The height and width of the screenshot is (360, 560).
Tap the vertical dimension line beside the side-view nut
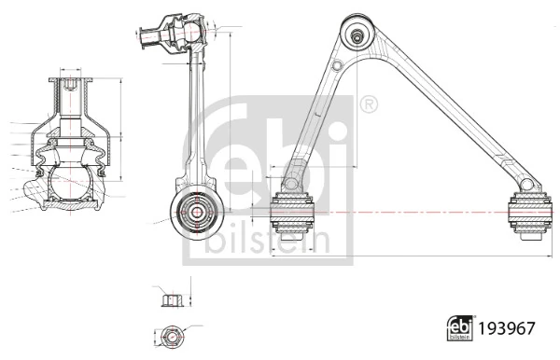click(x=189, y=299)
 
